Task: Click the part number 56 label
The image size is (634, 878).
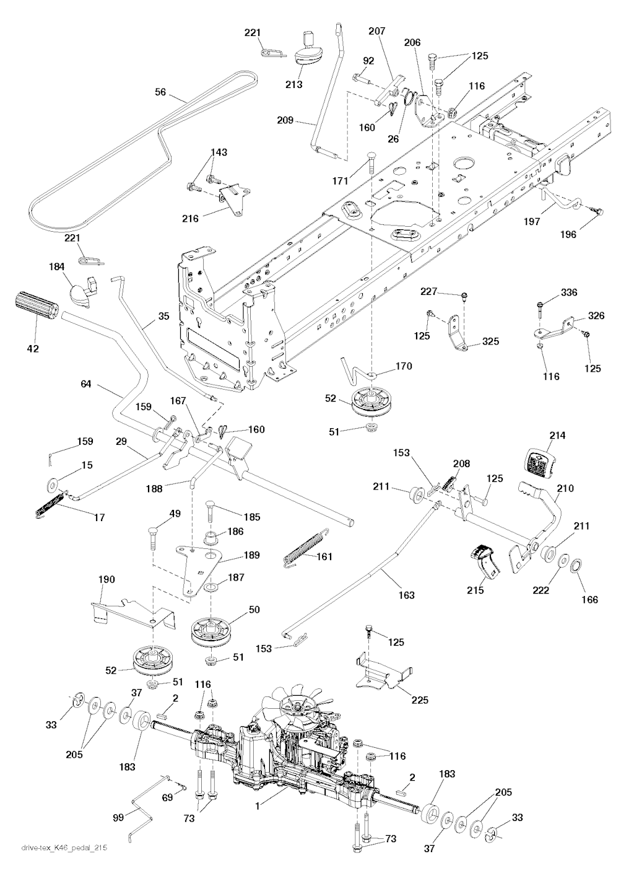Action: (161, 92)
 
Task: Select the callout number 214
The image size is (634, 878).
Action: (557, 436)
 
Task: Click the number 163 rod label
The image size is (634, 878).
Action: (407, 595)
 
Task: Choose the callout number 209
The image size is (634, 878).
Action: (285, 120)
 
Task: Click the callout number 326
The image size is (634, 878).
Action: (596, 316)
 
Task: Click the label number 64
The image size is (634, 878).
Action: (85, 384)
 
